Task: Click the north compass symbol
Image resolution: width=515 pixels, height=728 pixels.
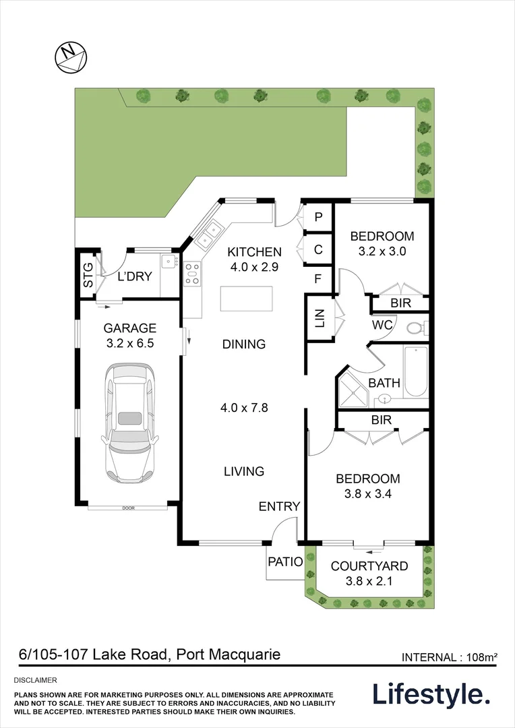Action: [x=70, y=56]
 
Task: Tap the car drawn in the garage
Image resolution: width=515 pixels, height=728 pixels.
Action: [x=129, y=423]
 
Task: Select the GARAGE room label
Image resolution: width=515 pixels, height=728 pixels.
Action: [x=129, y=328]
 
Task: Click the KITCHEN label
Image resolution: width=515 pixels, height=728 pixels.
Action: [x=254, y=252]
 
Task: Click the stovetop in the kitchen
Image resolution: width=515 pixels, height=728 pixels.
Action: [x=192, y=274]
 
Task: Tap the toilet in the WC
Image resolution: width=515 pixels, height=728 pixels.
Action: [x=416, y=328]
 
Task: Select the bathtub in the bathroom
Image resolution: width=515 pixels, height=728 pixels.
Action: [x=415, y=371]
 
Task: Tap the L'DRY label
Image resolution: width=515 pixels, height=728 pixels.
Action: [x=135, y=276]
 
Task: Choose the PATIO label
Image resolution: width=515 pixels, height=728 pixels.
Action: [x=285, y=562]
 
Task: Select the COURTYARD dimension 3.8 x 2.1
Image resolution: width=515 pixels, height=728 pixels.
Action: [x=369, y=581]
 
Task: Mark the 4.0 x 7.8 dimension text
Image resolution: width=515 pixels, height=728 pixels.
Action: [x=244, y=407]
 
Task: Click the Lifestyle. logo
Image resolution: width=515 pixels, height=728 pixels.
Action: [x=431, y=694]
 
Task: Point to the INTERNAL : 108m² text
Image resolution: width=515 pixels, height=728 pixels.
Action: [x=450, y=657]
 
